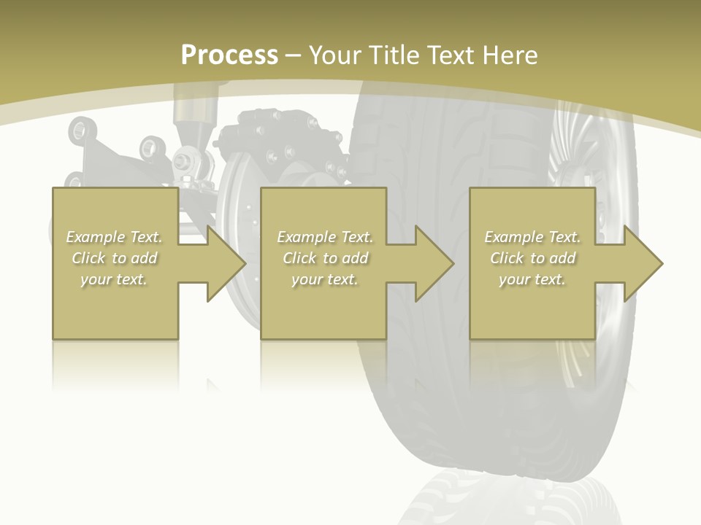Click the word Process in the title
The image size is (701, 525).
229,55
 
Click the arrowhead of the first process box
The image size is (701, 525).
226,263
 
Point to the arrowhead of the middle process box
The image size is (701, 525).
435,263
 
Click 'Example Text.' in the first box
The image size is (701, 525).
115,237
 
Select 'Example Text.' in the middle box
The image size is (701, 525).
325,237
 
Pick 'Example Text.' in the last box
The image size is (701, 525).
532,237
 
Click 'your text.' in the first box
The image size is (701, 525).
114,279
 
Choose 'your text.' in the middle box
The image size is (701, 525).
324,279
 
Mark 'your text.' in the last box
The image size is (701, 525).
532,279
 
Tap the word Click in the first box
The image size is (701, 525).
88,258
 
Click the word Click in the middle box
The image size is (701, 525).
299,258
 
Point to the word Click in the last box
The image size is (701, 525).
507,258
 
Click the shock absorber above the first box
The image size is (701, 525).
194,117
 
